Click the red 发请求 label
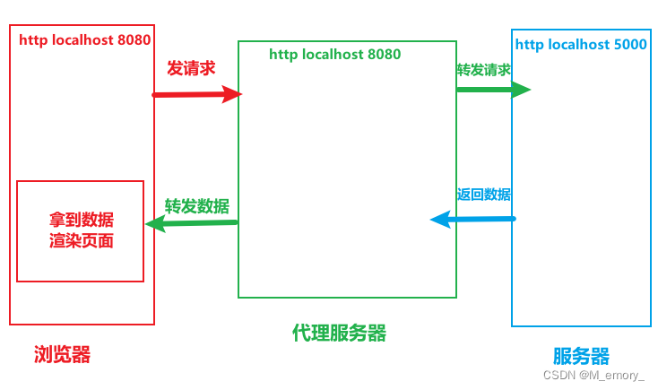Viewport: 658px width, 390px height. pyautogui.click(x=191, y=68)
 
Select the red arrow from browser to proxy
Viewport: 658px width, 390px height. pyautogui.click(x=197, y=94)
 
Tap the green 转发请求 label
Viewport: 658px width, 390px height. pyautogui.click(x=483, y=70)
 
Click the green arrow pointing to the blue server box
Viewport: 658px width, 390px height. pyautogui.click(x=493, y=90)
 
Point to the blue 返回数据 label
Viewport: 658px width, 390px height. pyautogui.click(x=483, y=195)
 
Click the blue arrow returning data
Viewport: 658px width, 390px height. pyautogui.click(x=473, y=219)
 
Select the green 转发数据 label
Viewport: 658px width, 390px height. pyautogui.click(x=197, y=206)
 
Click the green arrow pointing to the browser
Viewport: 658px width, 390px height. pyautogui.click(x=191, y=223)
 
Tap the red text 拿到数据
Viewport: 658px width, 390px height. pyautogui.click(x=82, y=219)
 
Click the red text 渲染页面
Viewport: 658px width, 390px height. pyautogui.click(x=82, y=241)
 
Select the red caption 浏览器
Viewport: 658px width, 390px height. pyautogui.click(x=62, y=354)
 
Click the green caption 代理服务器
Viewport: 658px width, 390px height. pyautogui.click(x=339, y=333)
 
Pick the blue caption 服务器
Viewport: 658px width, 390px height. pyautogui.click(x=581, y=357)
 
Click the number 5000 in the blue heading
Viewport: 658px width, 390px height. pyautogui.click(x=630, y=45)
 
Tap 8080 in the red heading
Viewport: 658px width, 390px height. pyautogui.click(x=134, y=39)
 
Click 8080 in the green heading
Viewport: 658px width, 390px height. pyautogui.click(x=384, y=54)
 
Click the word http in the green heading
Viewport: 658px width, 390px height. pyautogui.click(x=283, y=55)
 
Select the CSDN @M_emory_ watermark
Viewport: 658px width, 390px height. pyautogui.click(x=593, y=375)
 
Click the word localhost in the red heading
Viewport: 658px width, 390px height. pyautogui.click(x=82, y=39)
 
